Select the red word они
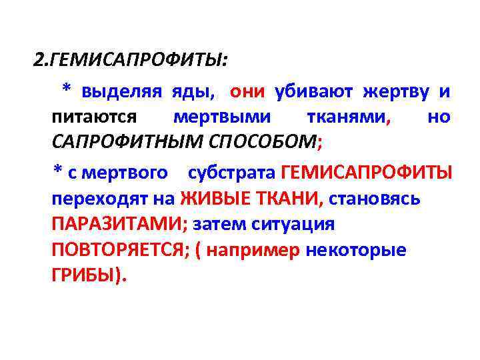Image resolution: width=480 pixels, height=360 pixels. (247, 91)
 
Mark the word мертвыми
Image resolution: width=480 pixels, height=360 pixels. (221, 117)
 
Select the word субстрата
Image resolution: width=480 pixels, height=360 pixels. (231, 173)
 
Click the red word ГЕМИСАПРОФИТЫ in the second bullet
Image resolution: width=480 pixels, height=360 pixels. (367, 173)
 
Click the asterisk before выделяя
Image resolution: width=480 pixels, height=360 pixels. (66, 89)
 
